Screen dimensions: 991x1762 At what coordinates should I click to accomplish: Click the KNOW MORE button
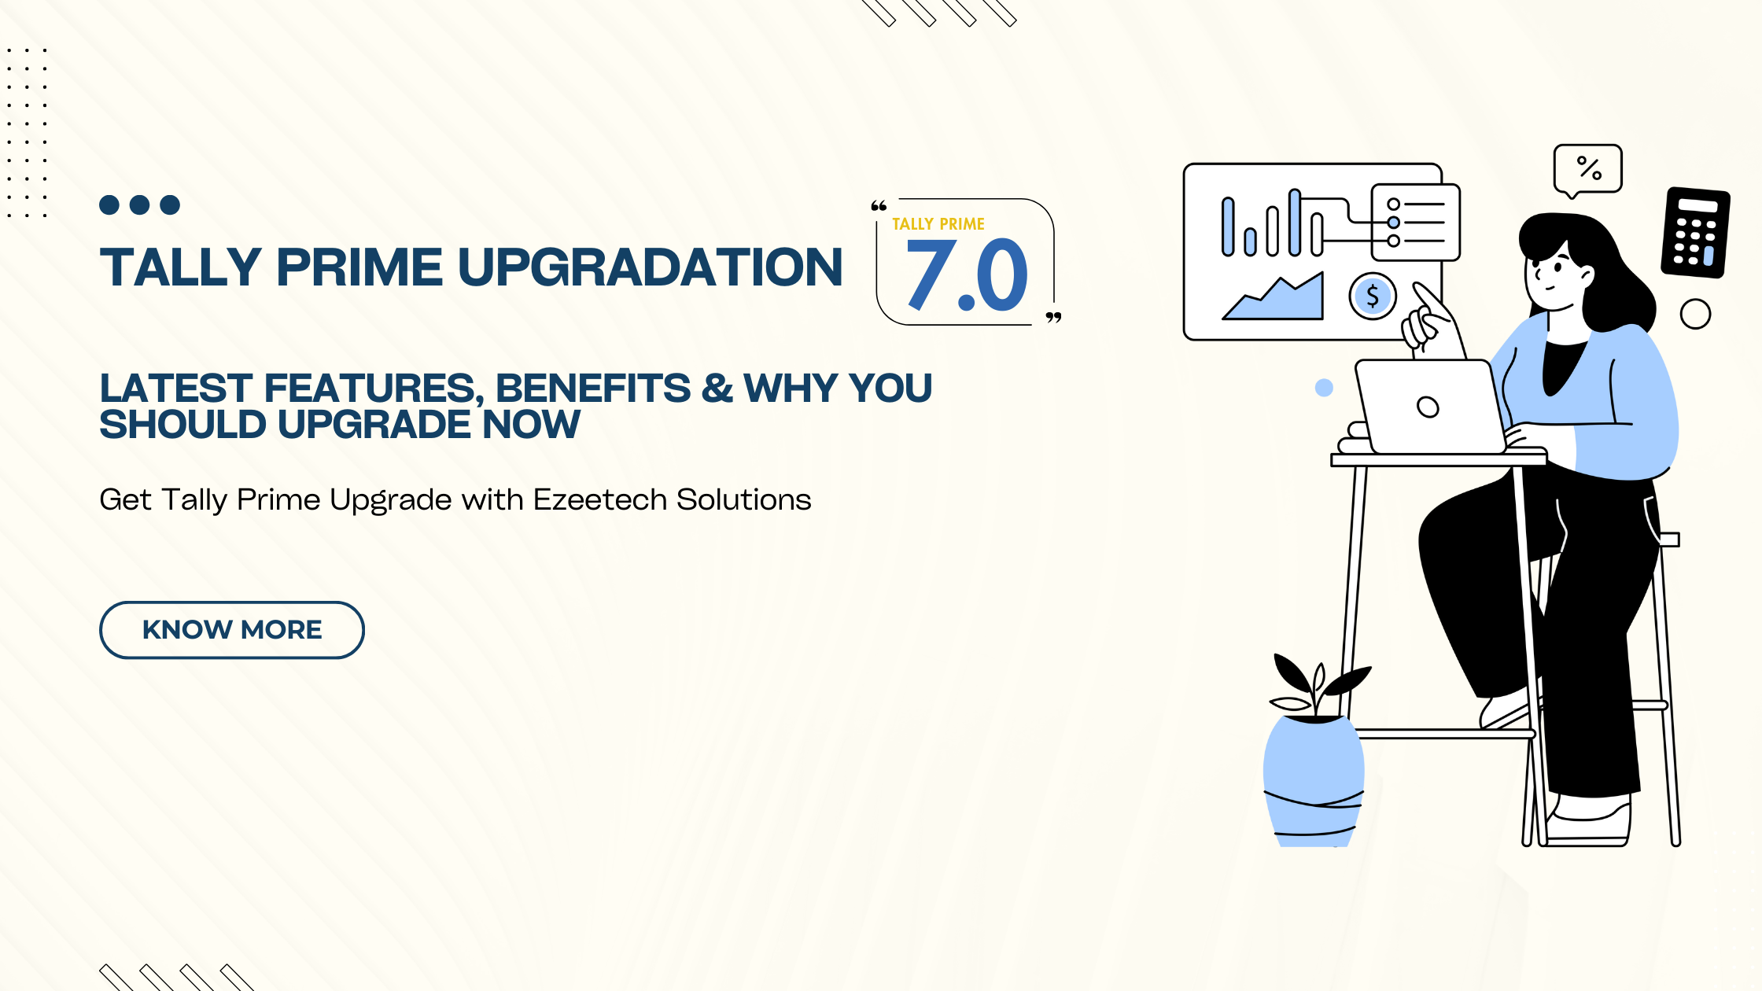click(x=231, y=630)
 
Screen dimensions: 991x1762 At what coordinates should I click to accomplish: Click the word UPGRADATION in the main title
click(x=650, y=267)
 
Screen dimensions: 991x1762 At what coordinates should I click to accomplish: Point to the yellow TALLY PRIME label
click(x=938, y=224)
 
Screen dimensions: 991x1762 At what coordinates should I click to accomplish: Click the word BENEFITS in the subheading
click(x=593, y=389)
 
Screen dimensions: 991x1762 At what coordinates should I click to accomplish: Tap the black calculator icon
click(x=1695, y=233)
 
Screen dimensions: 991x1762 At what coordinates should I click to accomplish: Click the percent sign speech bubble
click(x=1588, y=168)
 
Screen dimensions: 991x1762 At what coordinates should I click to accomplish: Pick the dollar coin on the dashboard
click(x=1373, y=297)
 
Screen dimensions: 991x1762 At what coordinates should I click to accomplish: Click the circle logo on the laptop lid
click(x=1428, y=407)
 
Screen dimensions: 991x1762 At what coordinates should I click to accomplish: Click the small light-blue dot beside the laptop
click(x=1324, y=388)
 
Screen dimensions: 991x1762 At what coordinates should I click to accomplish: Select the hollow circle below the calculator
click(x=1695, y=315)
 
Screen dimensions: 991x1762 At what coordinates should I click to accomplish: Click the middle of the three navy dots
click(x=139, y=205)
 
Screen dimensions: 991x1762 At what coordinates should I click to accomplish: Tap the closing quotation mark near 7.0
click(x=1053, y=318)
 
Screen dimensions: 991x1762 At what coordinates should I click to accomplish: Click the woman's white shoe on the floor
click(x=1589, y=822)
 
